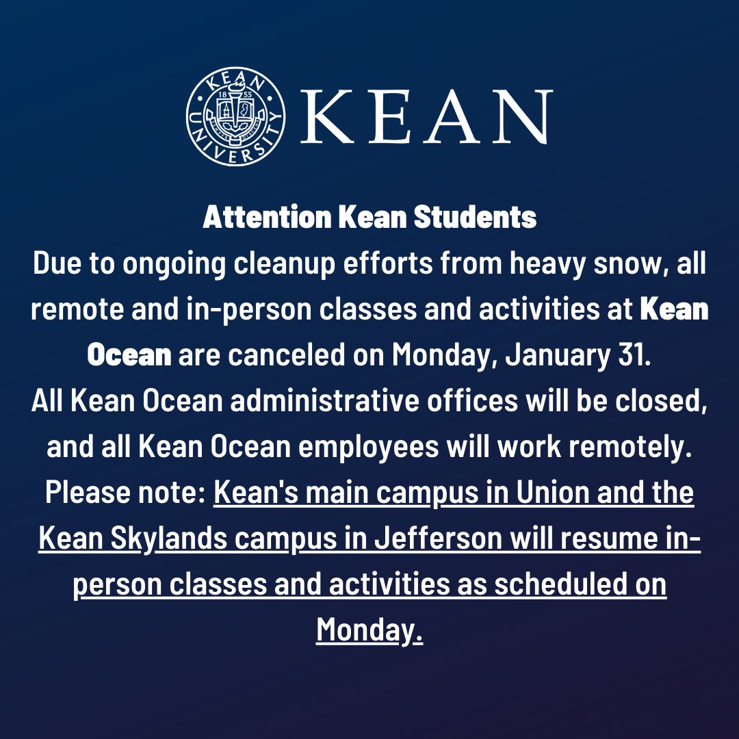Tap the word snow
pyautogui.click(x=617, y=264)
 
